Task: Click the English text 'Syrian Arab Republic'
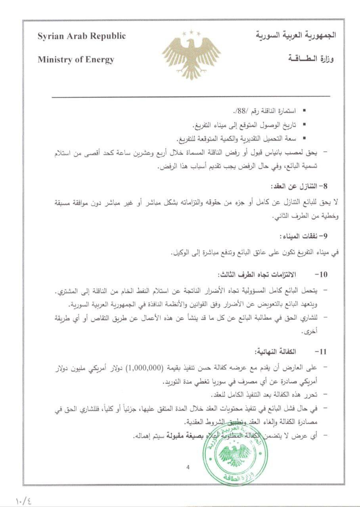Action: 82,36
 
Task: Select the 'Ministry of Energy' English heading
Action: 76,60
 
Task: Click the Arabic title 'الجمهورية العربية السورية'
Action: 296,35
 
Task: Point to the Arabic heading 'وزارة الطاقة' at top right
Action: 310,60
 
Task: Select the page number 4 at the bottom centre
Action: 188,467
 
